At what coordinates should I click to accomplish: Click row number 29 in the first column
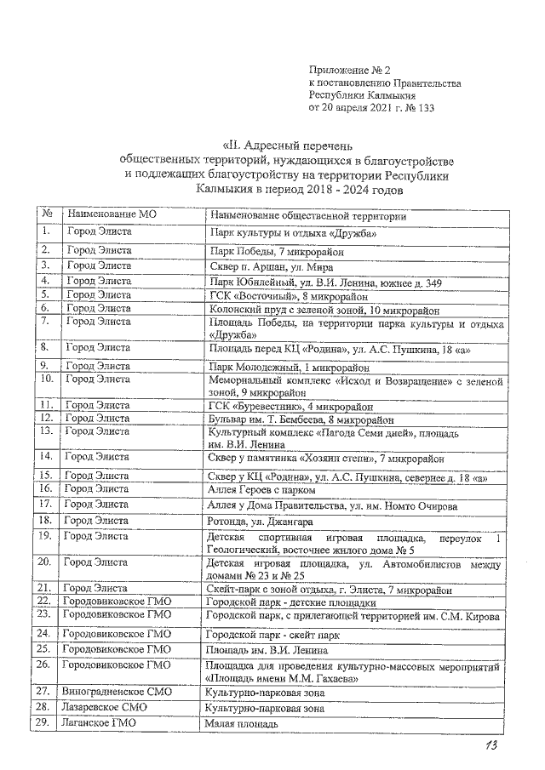point(48,723)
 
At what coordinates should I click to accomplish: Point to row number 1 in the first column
point(48,231)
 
